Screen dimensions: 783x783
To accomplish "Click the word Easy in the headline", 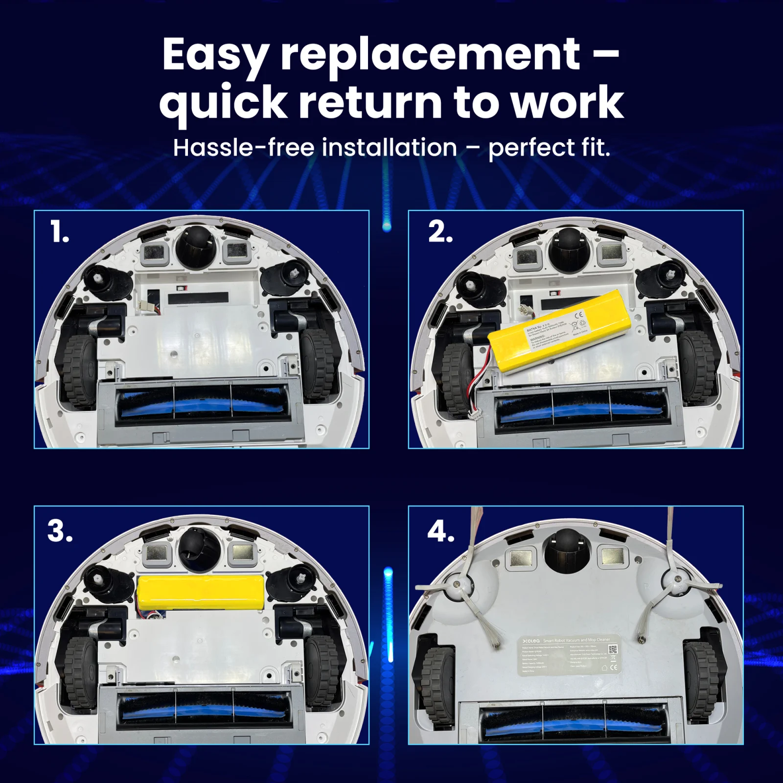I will click(x=215, y=56).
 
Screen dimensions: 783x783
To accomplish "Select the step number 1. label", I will click(x=59, y=231).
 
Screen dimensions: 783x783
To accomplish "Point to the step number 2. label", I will click(x=440, y=231).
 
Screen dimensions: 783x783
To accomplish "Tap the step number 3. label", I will click(x=60, y=531).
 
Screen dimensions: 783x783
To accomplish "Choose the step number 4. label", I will click(x=440, y=531).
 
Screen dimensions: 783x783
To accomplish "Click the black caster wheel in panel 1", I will click(x=196, y=247).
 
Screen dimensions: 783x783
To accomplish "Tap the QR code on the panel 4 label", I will click(x=613, y=649).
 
